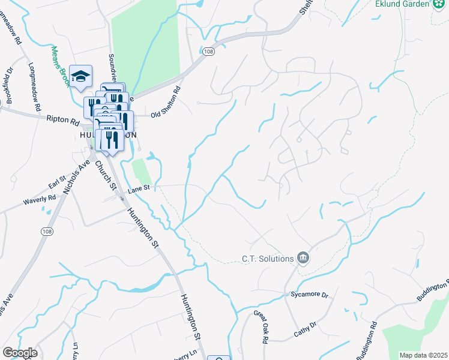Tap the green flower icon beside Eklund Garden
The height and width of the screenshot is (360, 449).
[x=439, y=4]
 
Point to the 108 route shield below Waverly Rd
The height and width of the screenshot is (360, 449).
[x=47, y=230]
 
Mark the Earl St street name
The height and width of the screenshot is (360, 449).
[x=57, y=184]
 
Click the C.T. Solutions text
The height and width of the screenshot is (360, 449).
[x=267, y=259]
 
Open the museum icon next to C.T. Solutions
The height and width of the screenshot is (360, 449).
[x=303, y=259]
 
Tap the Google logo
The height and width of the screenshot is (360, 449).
[x=20, y=353]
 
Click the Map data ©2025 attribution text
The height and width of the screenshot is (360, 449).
[x=423, y=355]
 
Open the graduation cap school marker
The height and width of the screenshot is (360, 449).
[x=80, y=76]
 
